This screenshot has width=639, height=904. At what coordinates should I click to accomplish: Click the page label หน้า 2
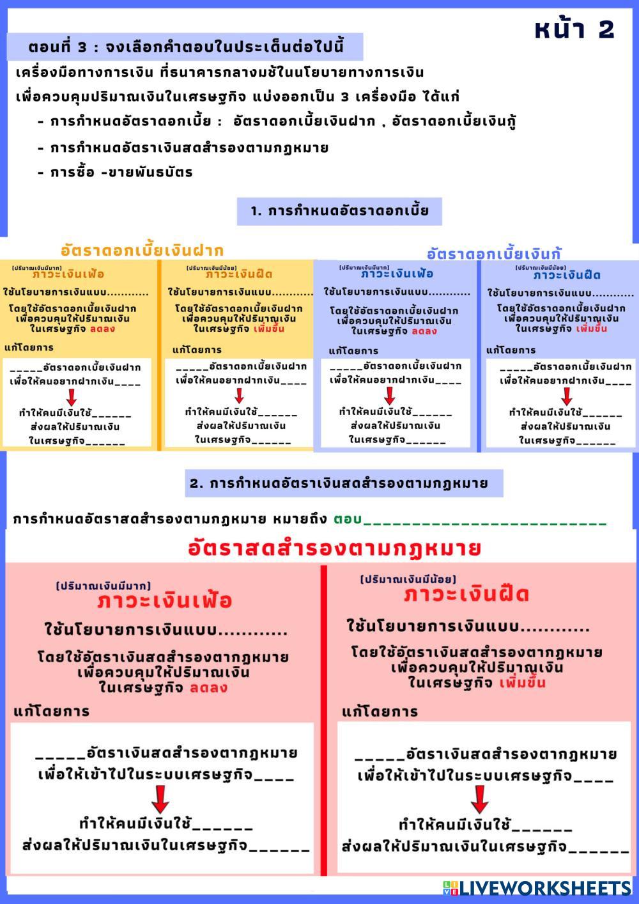574,29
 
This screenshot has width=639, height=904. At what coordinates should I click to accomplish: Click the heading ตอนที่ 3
185,47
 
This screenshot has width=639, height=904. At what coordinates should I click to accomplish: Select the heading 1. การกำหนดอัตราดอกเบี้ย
339,211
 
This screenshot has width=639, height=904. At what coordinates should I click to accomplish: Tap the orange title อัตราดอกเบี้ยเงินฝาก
142,250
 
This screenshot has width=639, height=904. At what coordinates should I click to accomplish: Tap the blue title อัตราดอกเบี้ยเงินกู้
494,253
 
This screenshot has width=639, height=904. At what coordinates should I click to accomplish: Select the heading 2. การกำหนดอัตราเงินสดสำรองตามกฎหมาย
339,483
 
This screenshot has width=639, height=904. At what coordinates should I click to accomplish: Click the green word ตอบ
347,518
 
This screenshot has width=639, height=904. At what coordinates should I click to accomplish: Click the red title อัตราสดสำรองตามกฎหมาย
334,549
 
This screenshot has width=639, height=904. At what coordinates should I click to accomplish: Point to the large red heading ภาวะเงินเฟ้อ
164,601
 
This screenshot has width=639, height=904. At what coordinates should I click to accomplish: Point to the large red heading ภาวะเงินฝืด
466,595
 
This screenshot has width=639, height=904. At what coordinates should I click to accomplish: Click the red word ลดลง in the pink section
208,688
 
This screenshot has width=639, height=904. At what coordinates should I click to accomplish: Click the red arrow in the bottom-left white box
160,799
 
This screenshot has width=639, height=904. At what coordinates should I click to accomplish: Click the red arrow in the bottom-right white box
479,799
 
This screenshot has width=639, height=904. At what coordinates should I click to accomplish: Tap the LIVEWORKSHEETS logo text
544,887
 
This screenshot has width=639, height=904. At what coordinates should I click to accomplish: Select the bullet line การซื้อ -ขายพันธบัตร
121,173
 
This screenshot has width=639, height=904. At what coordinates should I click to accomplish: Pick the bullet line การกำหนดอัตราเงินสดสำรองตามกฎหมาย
189,148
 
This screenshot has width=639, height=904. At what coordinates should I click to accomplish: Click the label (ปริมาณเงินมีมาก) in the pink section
104,586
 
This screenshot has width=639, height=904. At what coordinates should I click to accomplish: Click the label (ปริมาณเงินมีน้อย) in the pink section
408,579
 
